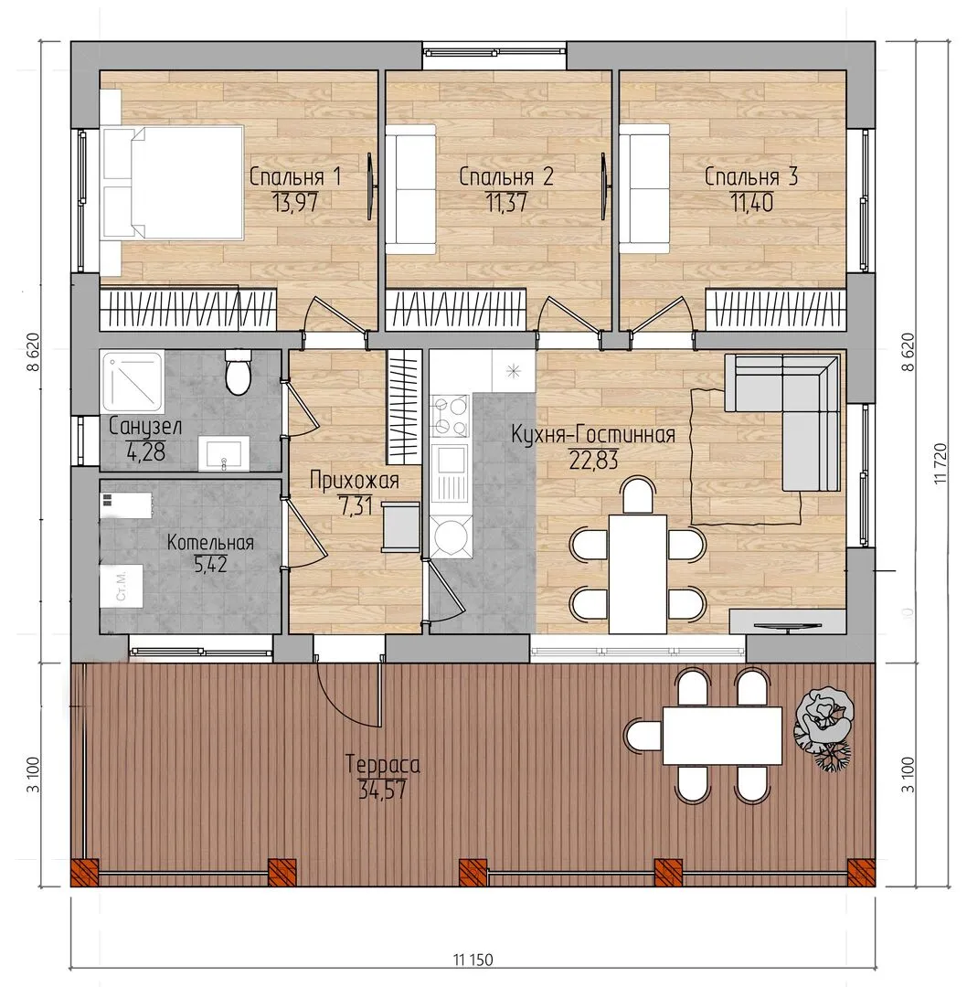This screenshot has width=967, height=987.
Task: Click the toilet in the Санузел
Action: click(x=238, y=372)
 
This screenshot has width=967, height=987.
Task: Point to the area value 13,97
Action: click(x=294, y=203)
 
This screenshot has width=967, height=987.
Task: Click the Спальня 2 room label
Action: click(x=506, y=176)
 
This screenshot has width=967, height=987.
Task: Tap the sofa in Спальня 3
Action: click(x=644, y=189)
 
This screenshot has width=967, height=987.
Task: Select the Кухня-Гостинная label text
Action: click(x=593, y=434)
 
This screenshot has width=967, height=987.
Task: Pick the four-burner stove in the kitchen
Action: click(x=450, y=416)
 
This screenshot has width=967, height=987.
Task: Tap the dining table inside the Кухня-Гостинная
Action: click(x=637, y=573)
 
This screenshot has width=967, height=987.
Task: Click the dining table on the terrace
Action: click(x=722, y=735)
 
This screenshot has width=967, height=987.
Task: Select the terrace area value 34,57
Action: click(x=382, y=790)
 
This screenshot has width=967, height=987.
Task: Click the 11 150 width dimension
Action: click(x=473, y=960)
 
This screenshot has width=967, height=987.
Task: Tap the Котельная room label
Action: click(x=210, y=543)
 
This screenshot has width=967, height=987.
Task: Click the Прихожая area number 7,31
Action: click(x=355, y=506)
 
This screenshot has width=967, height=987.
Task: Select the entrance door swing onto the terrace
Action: click(x=349, y=693)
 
